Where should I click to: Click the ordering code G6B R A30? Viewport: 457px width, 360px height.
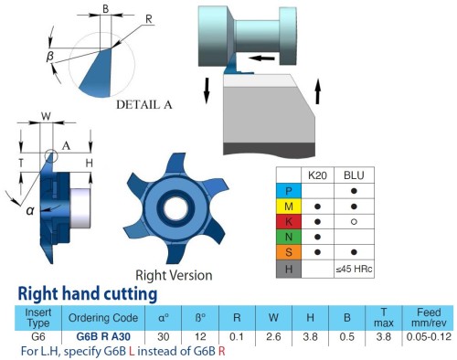(x=103, y=336)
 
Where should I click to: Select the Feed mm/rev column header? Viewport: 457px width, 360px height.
(x=429, y=317)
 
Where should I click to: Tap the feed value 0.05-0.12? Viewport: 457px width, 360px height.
(x=429, y=336)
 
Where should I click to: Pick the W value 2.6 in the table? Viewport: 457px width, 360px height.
(x=273, y=336)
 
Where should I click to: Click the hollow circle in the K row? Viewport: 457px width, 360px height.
(x=354, y=222)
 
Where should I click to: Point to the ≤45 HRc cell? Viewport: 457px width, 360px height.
(x=354, y=269)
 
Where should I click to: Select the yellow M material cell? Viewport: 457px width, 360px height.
(x=289, y=206)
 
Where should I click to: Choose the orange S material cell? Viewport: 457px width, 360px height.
(x=289, y=252)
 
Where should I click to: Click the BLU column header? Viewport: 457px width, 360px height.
(x=354, y=175)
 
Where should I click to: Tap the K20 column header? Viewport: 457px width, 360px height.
(x=317, y=175)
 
